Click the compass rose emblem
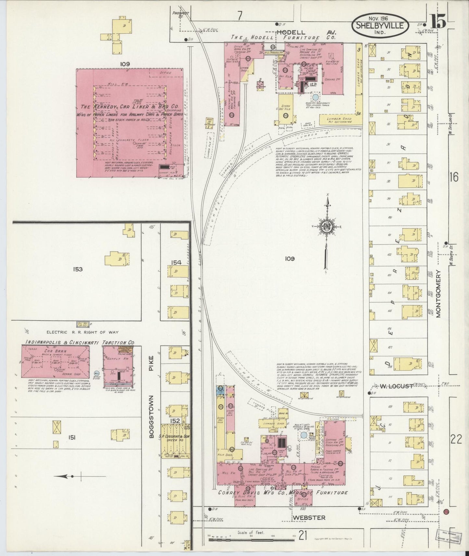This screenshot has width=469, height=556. pyautogui.click(x=326, y=228)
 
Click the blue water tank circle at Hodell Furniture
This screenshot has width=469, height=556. pyautogui.click(x=315, y=97)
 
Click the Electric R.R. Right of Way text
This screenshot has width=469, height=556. pyautogui.click(x=82, y=332)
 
